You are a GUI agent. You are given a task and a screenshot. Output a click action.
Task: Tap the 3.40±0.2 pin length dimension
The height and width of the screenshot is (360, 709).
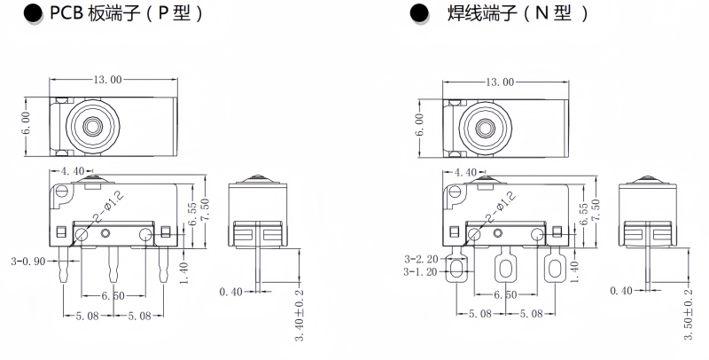(300, 314)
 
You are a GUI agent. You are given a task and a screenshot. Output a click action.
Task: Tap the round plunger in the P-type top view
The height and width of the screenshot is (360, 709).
(91, 124)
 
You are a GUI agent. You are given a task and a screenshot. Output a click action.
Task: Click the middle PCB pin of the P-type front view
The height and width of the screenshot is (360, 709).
(113, 263)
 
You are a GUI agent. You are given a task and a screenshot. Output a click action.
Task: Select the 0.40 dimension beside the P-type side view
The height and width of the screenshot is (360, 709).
(230, 290)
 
